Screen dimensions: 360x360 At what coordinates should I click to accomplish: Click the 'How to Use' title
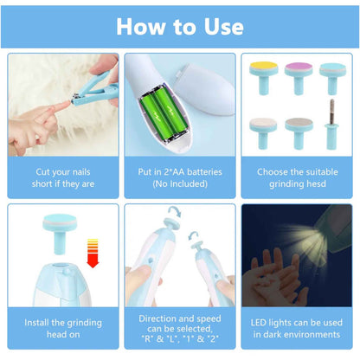pos(180,27)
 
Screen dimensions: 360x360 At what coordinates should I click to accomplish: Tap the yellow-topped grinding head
pos(264,77)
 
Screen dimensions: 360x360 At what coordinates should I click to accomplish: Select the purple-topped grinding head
pos(299,77)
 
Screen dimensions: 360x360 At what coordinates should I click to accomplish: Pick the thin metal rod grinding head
pos(332,125)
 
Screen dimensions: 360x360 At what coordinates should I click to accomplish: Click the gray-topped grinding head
pos(299,132)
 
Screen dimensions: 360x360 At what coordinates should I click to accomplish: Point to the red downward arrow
pos(93,253)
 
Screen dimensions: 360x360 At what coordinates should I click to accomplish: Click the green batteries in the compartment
pos(163,115)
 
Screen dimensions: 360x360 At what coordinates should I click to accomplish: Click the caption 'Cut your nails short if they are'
pos(63,177)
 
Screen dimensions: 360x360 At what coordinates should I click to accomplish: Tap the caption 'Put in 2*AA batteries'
pos(180,172)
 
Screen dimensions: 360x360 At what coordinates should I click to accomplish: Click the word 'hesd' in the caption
pos(316,183)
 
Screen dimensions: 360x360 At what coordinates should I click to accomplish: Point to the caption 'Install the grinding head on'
pos(63,328)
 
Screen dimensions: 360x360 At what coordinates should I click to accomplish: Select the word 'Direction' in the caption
pos(157,318)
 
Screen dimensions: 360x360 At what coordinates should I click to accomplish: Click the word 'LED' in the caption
pos(258,323)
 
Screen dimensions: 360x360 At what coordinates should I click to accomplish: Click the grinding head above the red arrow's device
pos(60,233)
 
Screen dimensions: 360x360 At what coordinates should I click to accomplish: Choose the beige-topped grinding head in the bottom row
pos(263,133)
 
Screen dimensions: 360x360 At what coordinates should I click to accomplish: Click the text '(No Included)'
pos(180,183)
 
